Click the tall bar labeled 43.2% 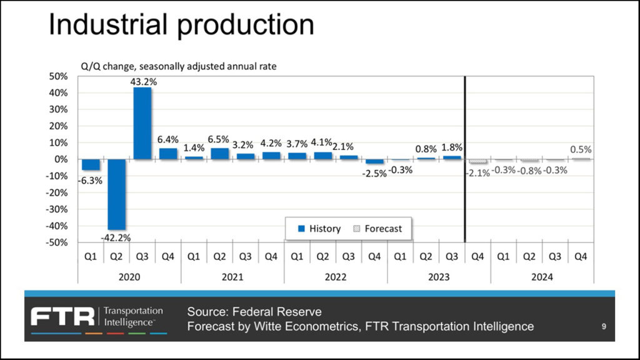(142, 123)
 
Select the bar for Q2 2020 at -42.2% (116, 194)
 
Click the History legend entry (319, 229)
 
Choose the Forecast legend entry (377, 229)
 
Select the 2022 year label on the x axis (336, 276)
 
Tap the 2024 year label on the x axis (542, 276)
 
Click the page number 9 (603, 326)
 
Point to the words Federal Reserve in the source (286, 311)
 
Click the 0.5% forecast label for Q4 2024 (581, 150)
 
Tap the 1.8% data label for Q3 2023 (451, 147)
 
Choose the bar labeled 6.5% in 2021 (219, 153)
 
